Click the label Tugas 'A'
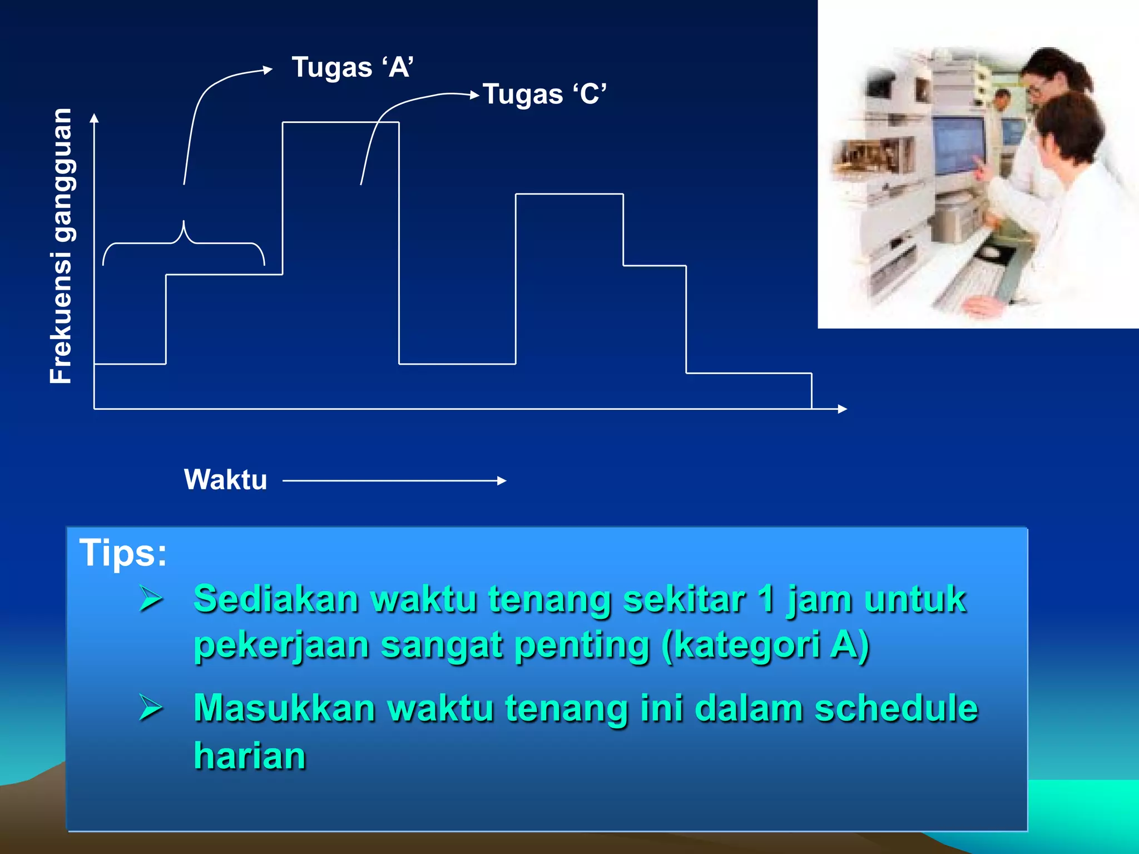click(353, 67)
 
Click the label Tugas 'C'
click(544, 94)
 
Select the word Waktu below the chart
click(225, 480)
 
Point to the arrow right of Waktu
click(394, 481)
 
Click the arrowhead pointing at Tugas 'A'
click(268, 69)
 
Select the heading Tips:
click(123, 553)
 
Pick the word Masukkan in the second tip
click(284, 708)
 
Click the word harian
click(250, 756)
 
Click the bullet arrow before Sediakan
click(151, 599)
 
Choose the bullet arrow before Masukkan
click(151, 708)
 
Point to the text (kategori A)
click(765, 646)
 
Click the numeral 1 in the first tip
click(766, 599)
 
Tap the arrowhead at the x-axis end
click(842, 409)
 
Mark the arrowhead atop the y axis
click(95, 118)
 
